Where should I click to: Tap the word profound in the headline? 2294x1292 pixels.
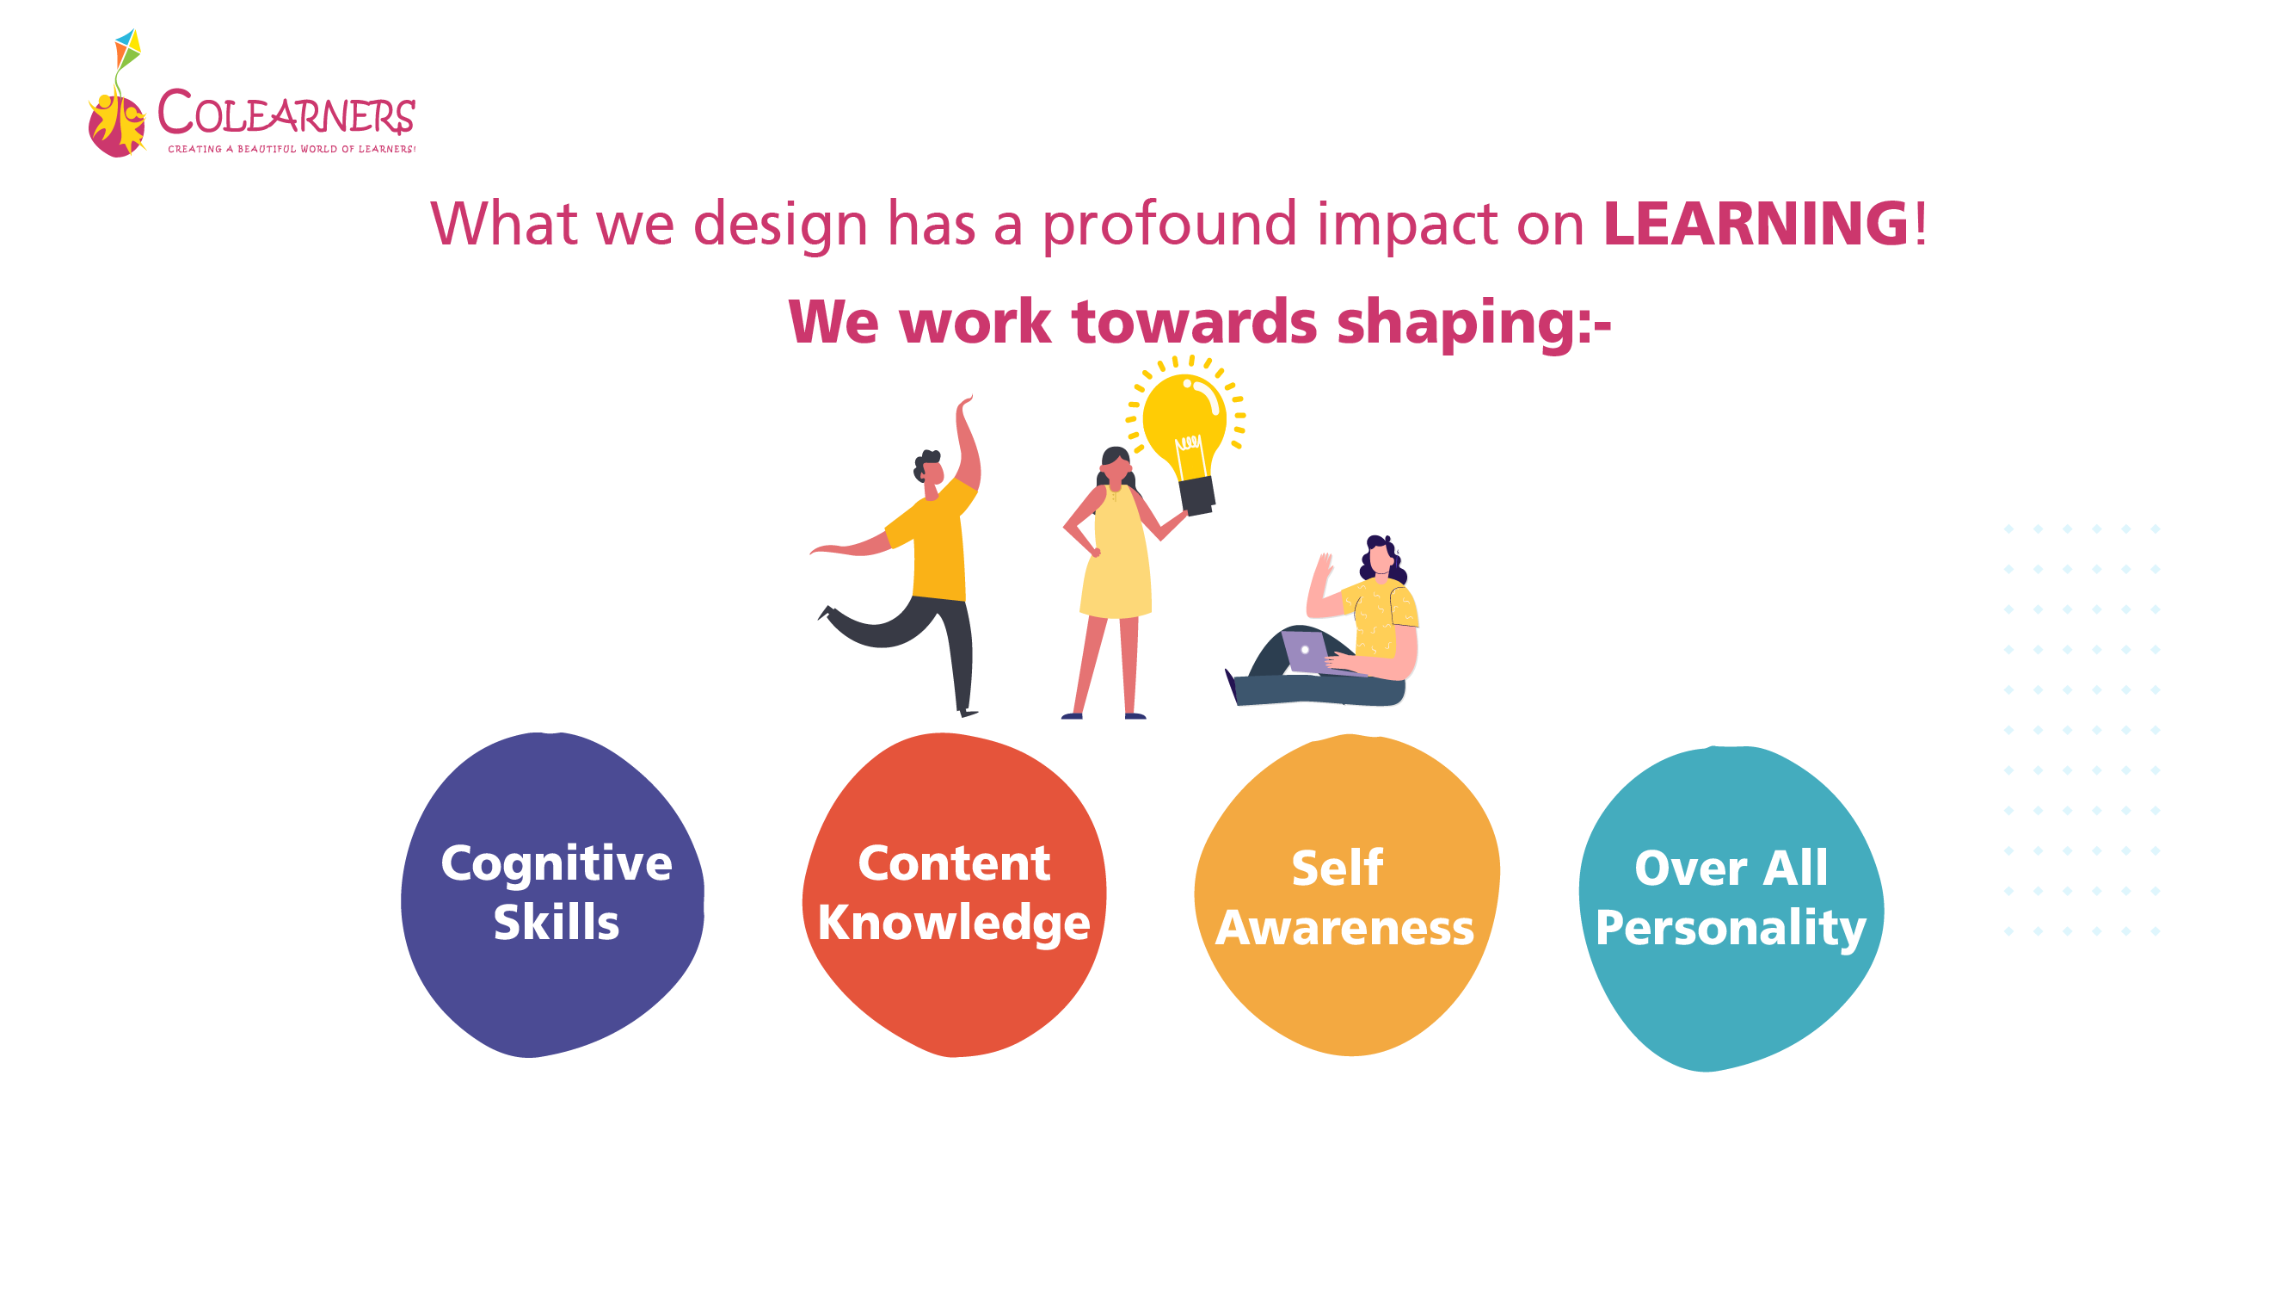(1168, 226)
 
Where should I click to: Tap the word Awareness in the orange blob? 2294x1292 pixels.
(1344, 928)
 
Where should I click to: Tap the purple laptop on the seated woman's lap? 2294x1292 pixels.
(1307, 652)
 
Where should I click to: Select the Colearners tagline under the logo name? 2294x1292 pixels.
(292, 149)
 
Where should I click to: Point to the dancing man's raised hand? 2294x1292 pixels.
(965, 405)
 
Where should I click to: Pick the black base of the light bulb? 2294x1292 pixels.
(1196, 496)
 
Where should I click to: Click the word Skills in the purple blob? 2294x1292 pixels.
(557, 921)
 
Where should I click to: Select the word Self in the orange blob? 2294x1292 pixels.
(1338, 868)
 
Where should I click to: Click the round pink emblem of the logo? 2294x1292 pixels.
(117, 126)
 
